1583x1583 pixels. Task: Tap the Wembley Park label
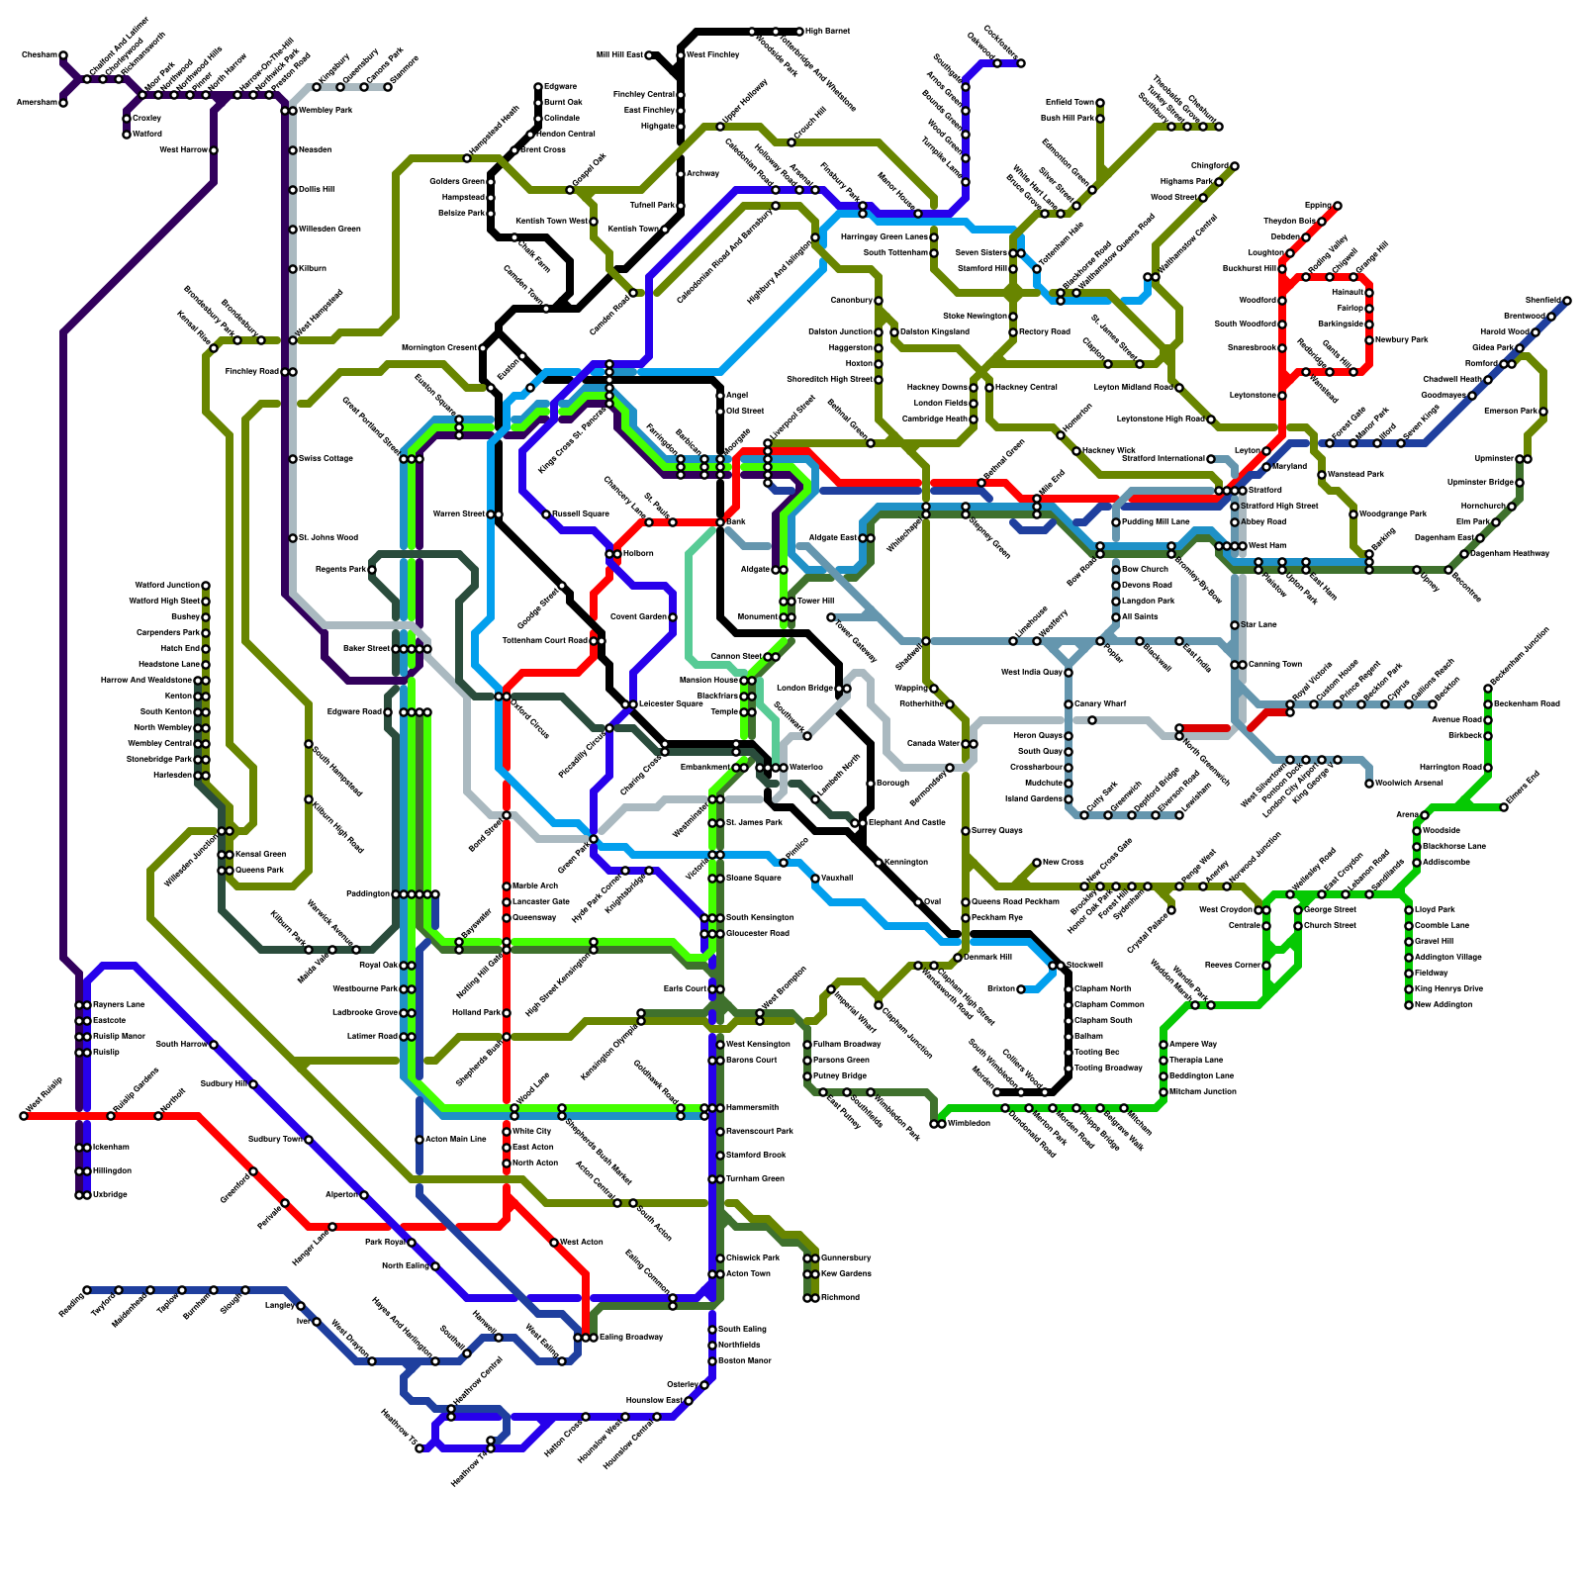tap(326, 110)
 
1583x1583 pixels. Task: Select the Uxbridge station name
tap(110, 1194)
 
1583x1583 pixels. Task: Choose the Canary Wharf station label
tap(1100, 703)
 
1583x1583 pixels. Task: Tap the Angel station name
tap(737, 395)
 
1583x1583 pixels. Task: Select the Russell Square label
tap(580, 513)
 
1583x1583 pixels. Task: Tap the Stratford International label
tap(1168, 458)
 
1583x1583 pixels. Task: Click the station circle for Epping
tap(1338, 206)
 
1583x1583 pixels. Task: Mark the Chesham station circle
tap(63, 55)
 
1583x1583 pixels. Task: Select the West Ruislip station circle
tap(24, 1116)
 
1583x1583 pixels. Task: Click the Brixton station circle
tap(1021, 988)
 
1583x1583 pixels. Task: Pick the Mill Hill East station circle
tap(649, 55)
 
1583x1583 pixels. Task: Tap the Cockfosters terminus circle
tap(1021, 63)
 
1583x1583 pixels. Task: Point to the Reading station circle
tap(87, 1290)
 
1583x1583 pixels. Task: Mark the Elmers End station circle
tap(1504, 807)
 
